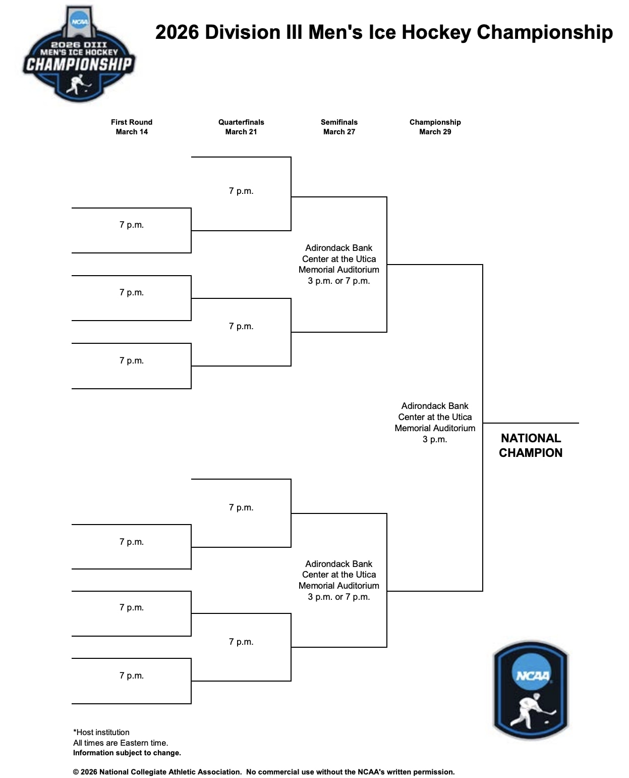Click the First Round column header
(131, 122)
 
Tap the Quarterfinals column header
(241, 122)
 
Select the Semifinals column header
(339, 122)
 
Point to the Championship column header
(435, 122)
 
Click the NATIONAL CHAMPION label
(531, 445)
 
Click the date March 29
(435, 132)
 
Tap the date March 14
(132, 132)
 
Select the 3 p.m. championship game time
(435, 439)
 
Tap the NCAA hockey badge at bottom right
(531, 690)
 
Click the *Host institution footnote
(101, 732)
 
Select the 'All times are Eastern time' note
(121, 743)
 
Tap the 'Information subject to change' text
(127, 753)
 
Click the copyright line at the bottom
(264, 772)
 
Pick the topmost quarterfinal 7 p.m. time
(241, 191)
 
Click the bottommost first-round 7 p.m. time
(132, 676)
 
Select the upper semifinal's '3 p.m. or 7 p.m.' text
(339, 281)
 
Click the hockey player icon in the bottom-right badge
(532, 709)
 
